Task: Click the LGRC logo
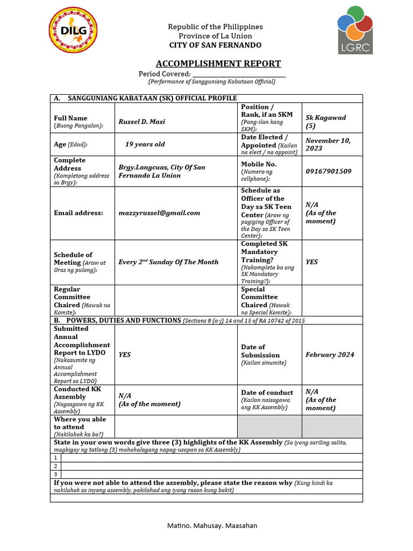(355, 30)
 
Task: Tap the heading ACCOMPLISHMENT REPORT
(218, 63)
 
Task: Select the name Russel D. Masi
(142, 122)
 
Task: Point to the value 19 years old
(145, 144)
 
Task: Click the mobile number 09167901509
(329, 171)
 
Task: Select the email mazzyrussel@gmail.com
(159, 213)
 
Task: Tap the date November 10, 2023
(328, 144)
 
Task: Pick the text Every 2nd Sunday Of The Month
(168, 262)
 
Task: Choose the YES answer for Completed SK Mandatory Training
(312, 262)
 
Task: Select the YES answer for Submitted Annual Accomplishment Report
(125, 355)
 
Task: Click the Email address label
(79, 213)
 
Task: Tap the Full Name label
(70, 118)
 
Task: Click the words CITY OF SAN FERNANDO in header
(215, 45)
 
